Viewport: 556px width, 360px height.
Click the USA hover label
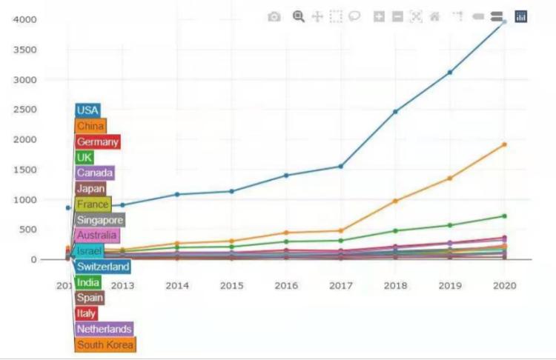point(87,110)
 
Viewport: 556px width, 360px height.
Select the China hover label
point(90,126)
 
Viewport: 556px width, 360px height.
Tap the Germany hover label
point(97,141)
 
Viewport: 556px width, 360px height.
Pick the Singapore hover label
point(100,220)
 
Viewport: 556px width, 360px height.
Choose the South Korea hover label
point(105,344)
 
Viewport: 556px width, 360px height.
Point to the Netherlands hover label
point(104,329)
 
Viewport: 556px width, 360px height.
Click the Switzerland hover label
point(103,267)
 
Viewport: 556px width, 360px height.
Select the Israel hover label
point(89,251)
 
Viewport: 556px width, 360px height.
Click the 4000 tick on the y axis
point(26,19)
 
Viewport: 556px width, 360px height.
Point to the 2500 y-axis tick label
point(26,110)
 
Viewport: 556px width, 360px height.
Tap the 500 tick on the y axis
point(29,230)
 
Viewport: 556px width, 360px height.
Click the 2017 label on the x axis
point(340,285)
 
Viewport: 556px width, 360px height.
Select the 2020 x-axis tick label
point(504,285)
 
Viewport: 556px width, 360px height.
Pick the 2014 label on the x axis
point(177,285)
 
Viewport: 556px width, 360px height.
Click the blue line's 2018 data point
point(395,112)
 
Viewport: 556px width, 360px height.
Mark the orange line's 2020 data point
point(504,144)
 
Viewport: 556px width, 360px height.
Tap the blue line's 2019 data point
point(450,72)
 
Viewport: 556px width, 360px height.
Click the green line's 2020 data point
point(504,216)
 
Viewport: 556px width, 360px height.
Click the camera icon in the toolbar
point(274,16)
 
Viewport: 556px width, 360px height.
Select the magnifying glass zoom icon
point(299,16)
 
